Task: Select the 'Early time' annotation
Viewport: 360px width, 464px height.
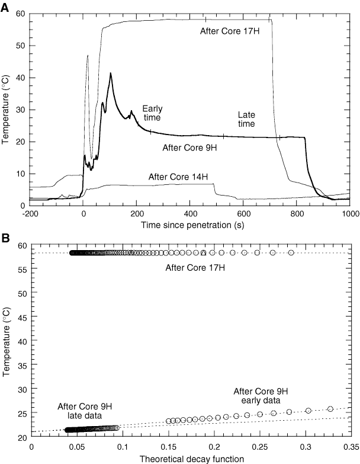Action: [152, 113]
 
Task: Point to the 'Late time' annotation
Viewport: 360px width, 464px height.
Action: [246, 119]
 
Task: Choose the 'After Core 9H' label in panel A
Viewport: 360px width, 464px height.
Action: [189, 146]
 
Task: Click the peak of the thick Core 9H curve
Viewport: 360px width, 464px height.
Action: [111, 73]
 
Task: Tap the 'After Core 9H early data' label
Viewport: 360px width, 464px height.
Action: [261, 395]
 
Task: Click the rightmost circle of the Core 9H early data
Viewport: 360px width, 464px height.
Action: [330, 409]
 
